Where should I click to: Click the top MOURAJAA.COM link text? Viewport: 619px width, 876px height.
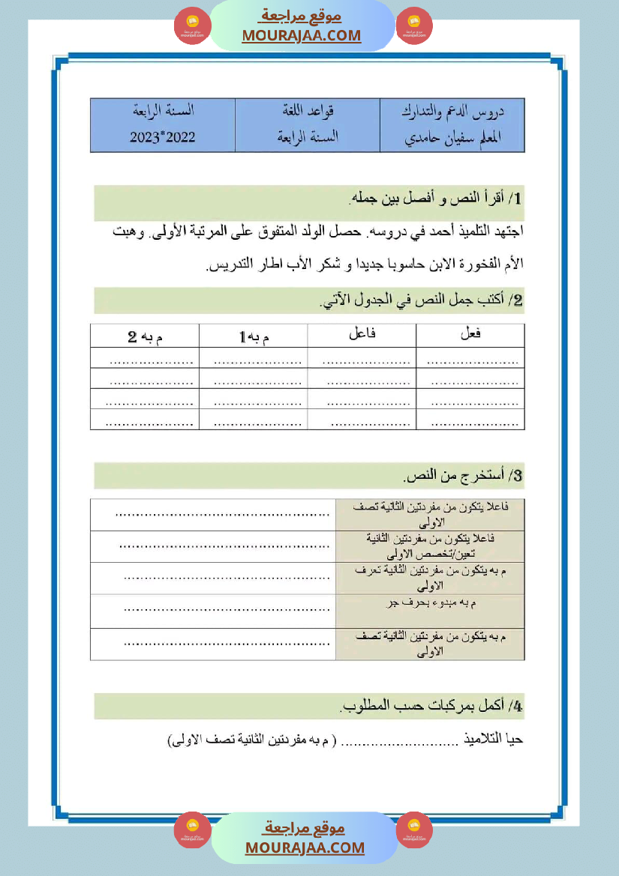pyautogui.click(x=301, y=35)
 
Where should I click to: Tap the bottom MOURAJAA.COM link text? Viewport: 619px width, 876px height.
pyautogui.click(x=305, y=848)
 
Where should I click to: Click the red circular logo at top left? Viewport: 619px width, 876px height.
pyautogui.click(x=193, y=26)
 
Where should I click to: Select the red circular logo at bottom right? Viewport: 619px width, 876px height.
pyautogui.click(x=414, y=830)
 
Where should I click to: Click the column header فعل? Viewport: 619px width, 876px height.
pyautogui.click(x=470, y=335)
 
